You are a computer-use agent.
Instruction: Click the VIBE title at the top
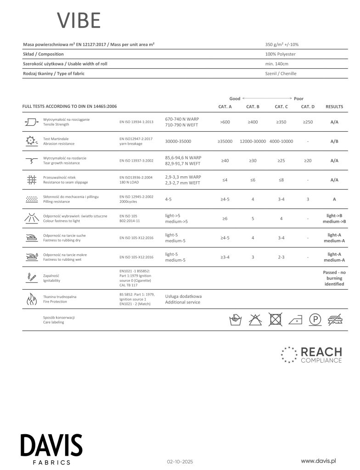pyautogui.click(x=79, y=21)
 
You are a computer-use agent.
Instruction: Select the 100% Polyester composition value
pyautogui.click(x=281, y=54)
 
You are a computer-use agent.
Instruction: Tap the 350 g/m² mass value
pyautogui.click(x=282, y=45)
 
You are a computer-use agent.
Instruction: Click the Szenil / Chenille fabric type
pyautogui.click(x=281, y=73)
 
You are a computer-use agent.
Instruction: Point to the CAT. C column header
pyautogui.click(x=281, y=106)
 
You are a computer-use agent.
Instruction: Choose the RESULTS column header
pyautogui.click(x=334, y=106)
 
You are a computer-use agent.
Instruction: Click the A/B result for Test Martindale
pyautogui.click(x=334, y=141)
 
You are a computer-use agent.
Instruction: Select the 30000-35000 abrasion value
pyautogui.click(x=178, y=141)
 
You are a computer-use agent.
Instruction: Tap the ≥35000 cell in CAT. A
pyautogui.click(x=225, y=141)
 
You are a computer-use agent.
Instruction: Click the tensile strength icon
pyautogui.click(x=31, y=122)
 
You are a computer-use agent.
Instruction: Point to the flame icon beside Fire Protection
pyautogui.click(x=31, y=299)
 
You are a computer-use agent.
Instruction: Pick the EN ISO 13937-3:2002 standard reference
pyautogui.click(x=136, y=161)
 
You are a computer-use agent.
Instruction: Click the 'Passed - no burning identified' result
pyautogui.click(x=334, y=278)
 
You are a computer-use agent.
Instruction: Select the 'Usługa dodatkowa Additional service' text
pyautogui.click(x=183, y=299)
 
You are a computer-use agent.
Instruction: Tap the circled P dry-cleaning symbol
pyautogui.click(x=315, y=319)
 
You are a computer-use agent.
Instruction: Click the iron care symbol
pyautogui.click(x=295, y=319)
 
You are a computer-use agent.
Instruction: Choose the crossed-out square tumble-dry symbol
pyautogui.click(x=275, y=319)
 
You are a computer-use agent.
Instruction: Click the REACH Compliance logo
pyautogui.click(x=311, y=355)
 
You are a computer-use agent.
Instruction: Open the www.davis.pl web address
pyautogui.click(x=319, y=460)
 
